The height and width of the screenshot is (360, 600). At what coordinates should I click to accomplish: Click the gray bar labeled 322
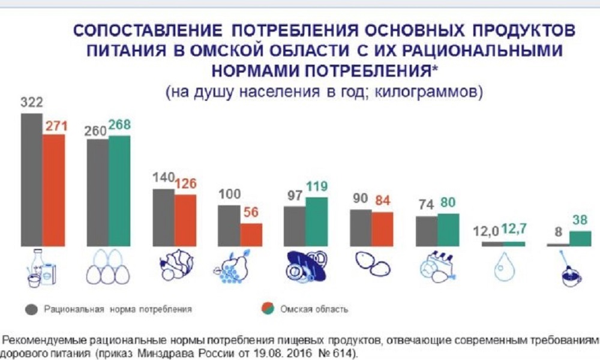(31, 180)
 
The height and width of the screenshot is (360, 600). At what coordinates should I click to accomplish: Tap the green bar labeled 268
(119, 191)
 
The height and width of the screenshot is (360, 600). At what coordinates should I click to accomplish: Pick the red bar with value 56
(251, 235)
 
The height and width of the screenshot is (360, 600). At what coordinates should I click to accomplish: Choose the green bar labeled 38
(580, 239)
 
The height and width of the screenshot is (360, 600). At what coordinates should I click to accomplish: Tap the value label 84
(383, 200)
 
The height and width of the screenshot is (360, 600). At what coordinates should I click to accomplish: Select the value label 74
(425, 204)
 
